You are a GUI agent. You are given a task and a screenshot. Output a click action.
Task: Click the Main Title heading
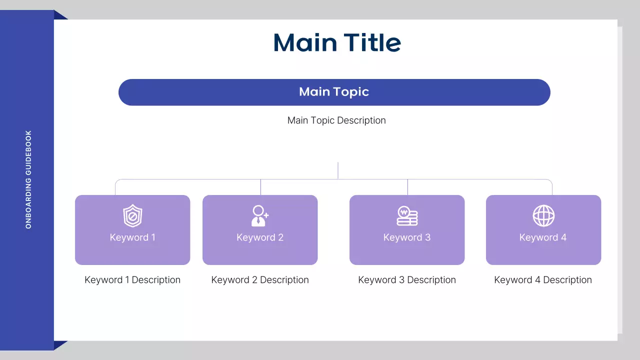337,43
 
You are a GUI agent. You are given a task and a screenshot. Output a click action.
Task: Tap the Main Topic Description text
336,120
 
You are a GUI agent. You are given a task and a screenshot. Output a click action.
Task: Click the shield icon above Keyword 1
132,216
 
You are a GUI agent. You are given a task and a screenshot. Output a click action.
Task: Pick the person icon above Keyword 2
259,216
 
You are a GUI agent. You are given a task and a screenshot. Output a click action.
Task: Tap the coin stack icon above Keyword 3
407,216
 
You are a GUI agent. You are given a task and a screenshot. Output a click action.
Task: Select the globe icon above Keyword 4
543,216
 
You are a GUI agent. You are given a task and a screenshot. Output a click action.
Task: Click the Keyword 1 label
132,237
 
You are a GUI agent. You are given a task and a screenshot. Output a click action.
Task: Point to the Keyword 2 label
260,237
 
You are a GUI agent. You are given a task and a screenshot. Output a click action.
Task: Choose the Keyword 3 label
407,237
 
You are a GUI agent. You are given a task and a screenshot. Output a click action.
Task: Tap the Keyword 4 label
543,237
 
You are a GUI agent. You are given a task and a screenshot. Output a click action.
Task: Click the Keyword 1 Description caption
132,280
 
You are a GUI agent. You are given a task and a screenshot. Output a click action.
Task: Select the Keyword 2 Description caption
260,280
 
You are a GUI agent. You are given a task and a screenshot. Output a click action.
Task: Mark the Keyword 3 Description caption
407,280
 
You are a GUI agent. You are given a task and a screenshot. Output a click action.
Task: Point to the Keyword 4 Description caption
543,280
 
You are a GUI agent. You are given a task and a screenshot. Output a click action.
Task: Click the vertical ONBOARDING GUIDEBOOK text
28,180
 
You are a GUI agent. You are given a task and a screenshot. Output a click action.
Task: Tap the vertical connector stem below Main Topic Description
338,170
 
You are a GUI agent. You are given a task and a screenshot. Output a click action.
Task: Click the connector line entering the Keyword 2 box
260,187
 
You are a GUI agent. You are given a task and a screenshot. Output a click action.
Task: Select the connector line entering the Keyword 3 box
407,187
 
